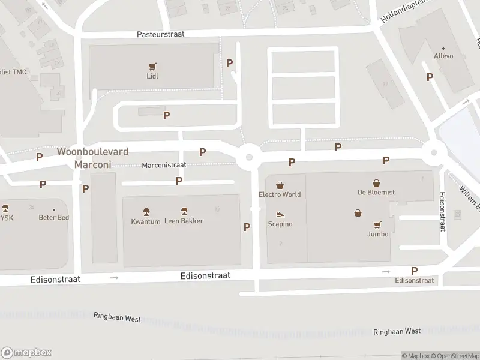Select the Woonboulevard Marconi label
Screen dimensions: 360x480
92,157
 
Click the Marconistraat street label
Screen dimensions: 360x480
164,165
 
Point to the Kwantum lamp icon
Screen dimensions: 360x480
146,212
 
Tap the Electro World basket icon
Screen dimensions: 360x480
280,185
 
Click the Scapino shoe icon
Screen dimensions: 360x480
280,214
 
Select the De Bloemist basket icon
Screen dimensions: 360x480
376,183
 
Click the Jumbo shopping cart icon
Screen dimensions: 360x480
377,225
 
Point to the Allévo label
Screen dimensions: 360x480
443,56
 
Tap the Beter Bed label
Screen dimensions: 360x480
54,217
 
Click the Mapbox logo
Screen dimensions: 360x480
26,353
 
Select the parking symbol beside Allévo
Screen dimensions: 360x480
430,77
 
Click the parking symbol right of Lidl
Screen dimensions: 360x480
229,63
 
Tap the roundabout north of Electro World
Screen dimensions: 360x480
248,158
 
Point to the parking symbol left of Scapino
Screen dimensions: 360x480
247,227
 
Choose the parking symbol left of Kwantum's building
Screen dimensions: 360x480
86,188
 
